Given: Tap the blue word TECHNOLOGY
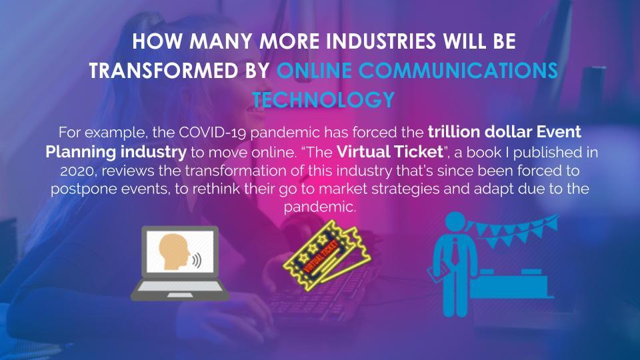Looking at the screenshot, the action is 323,100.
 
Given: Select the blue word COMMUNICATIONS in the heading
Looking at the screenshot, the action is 458,71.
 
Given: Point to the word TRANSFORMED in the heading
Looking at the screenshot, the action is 164,71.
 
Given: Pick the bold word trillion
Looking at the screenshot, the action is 454,132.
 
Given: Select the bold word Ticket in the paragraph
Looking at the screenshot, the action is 417,152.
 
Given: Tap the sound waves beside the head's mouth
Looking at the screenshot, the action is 197,260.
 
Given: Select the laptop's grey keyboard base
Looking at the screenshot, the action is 179,290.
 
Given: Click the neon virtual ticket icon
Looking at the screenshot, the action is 327,255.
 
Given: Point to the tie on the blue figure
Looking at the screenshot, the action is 455,251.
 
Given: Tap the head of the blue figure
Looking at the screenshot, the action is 455,223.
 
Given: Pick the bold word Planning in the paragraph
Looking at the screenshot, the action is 81,152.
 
